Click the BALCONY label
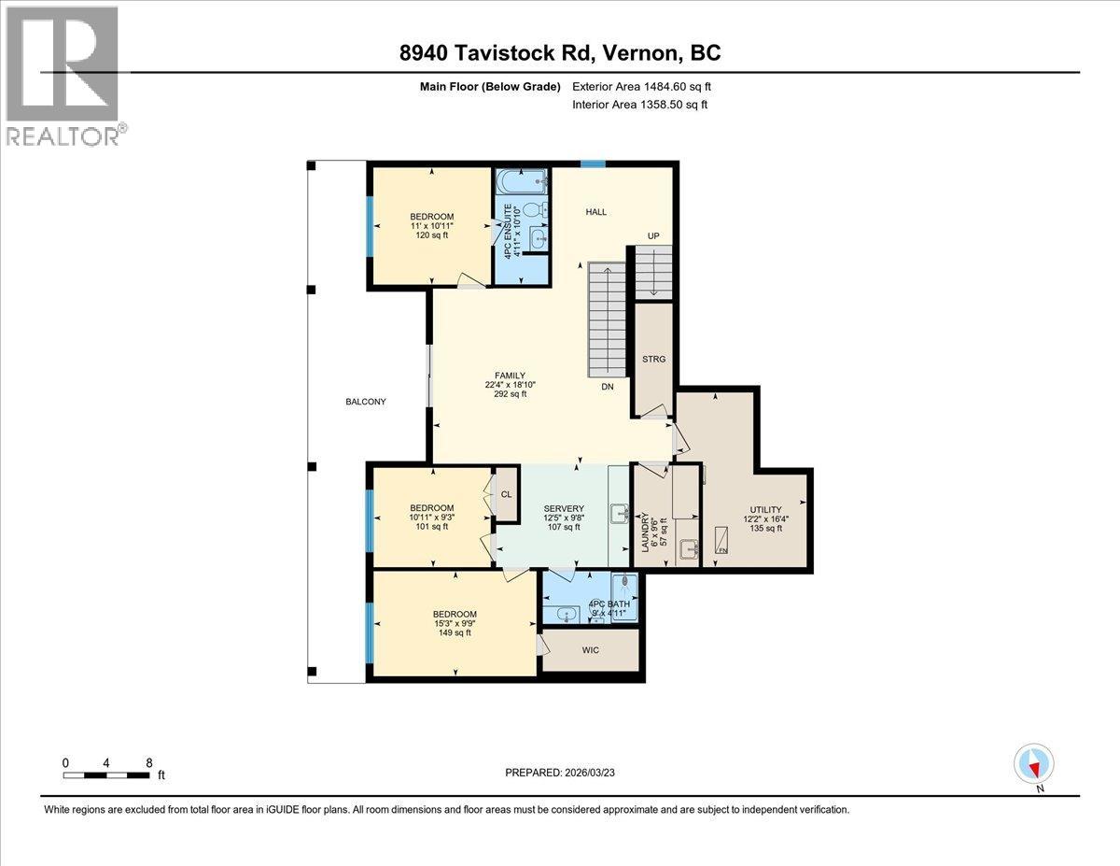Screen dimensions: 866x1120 tap(365, 402)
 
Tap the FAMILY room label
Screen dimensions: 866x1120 tap(510, 383)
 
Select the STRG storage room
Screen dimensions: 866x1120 tap(653, 359)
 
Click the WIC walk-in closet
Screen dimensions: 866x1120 tap(590, 650)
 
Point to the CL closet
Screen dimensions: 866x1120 tap(506, 495)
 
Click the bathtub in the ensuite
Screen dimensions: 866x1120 tap(521, 180)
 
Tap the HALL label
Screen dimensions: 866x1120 tap(595, 212)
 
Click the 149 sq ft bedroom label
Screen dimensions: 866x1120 tap(455, 623)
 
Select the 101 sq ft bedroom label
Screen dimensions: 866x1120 tap(431, 517)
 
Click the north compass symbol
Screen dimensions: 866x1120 tap(1033, 764)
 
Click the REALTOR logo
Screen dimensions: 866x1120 tap(63, 76)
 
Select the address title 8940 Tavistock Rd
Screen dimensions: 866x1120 tap(559, 53)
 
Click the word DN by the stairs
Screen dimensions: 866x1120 tap(608, 386)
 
